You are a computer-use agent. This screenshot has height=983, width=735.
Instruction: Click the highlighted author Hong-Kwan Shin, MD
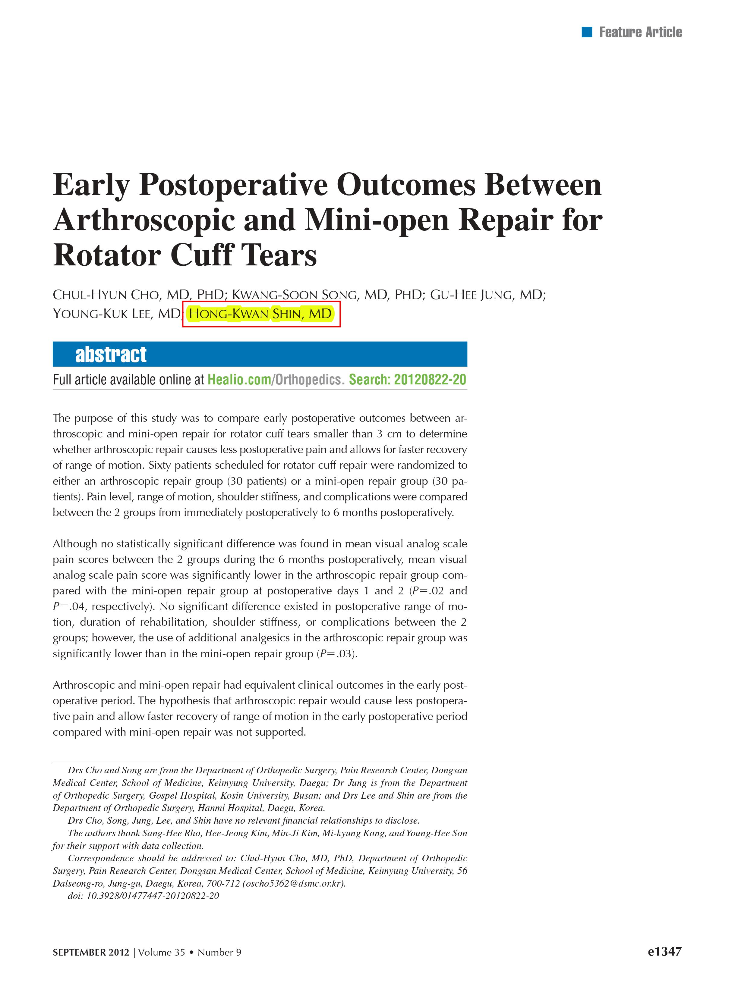(260, 314)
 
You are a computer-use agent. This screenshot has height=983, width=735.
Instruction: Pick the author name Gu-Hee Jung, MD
(487, 295)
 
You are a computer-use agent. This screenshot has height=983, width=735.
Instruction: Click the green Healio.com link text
(239, 380)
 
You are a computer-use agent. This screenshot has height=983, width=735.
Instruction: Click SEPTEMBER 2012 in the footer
(91, 952)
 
